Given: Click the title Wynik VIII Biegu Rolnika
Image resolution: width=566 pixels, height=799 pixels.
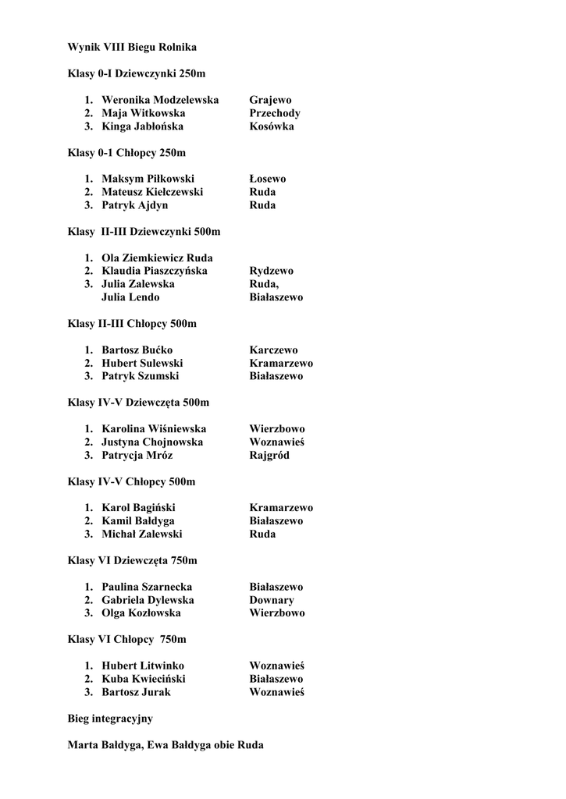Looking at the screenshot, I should pyautogui.click(x=132, y=48).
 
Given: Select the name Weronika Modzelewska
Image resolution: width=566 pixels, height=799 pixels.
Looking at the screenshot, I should pyautogui.click(x=160, y=100).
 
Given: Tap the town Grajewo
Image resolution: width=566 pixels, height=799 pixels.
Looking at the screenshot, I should pyautogui.click(x=270, y=100).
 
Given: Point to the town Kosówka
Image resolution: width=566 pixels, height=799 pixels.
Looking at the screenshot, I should pyautogui.click(x=272, y=126).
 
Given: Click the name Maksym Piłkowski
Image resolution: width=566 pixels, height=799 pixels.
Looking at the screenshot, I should pyautogui.click(x=148, y=179).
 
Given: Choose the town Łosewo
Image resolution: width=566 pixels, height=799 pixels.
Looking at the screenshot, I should pyautogui.click(x=268, y=179).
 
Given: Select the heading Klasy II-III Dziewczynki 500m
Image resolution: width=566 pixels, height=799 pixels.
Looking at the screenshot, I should pyautogui.click(x=144, y=232).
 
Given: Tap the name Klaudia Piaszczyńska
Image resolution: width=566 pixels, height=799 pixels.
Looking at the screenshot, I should pyautogui.click(x=155, y=271).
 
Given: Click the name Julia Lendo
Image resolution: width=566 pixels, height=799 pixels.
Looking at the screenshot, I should pyautogui.click(x=130, y=297).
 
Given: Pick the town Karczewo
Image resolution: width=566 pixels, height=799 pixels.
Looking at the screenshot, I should pyautogui.click(x=273, y=350).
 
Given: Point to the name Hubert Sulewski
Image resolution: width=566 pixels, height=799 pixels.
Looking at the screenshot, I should pyautogui.click(x=142, y=364).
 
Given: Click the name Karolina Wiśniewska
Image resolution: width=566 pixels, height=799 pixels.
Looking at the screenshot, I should pyautogui.click(x=154, y=429).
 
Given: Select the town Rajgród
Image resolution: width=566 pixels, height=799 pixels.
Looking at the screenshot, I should pyautogui.click(x=269, y=456).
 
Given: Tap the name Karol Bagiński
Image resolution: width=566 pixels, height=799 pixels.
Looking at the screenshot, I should pyautogui.click(x=138, y=508).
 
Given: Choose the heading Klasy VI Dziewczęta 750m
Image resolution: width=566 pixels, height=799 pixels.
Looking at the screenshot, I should pyautogui.click(x=133, y=560).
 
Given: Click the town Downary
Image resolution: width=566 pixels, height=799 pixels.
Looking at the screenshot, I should pyautogui.click(x=272, y=600).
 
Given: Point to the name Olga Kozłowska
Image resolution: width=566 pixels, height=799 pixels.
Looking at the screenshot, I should pyautogui.click(x=141, y=613).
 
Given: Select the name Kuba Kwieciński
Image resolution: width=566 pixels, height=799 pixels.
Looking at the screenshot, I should pyautogui.click(x=144, y=679).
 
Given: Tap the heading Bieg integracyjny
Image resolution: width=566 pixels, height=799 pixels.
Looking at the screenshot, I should pyautogui.click(x=110, y=719).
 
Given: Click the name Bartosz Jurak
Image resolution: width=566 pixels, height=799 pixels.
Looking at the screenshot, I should pyautogui.click(x=136, y=692).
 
